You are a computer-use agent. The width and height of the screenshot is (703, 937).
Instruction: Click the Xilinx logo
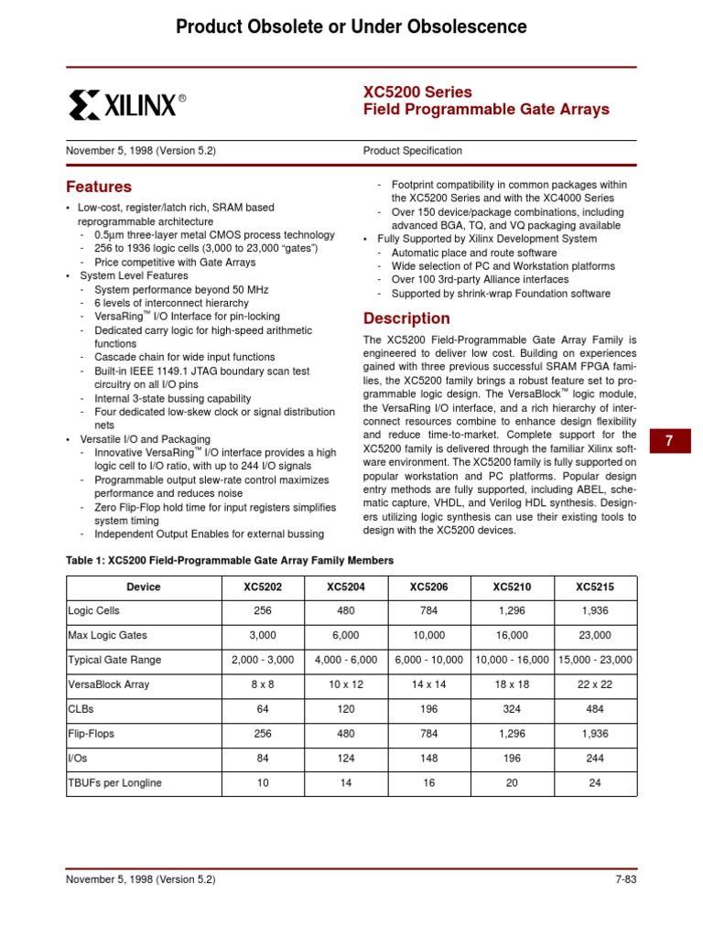[126, 105]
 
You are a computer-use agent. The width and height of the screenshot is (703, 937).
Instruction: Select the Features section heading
[98, 187]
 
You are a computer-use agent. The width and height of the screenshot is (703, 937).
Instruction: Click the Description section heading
[406, 318]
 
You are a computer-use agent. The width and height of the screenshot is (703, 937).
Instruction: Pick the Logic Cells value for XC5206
[429, 610]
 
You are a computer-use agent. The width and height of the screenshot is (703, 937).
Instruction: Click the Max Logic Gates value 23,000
[595, 635]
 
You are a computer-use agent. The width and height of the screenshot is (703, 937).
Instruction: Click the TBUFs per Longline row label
[114, 783]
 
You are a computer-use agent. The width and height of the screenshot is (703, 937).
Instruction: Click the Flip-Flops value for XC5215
[595, 734]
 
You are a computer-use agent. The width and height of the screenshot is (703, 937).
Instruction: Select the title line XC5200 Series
[417, 92]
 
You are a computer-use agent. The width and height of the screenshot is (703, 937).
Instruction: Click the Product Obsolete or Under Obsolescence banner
[351, 27]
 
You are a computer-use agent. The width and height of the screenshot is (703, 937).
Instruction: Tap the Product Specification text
[412, 151]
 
